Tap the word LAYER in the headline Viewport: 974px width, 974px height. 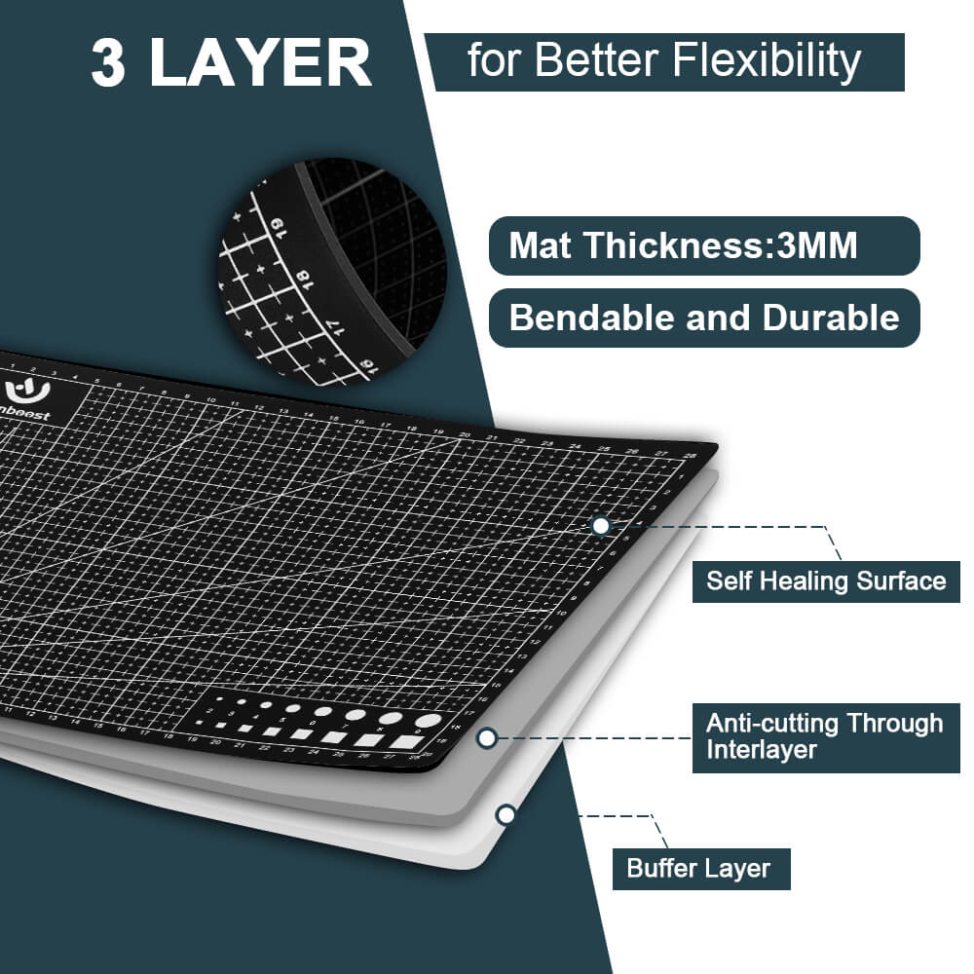pos(261,64)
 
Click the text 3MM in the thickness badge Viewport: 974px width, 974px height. pos(818,245)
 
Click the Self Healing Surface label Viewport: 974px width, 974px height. pos(826,581)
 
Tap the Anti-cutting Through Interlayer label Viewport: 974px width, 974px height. pos(824,736)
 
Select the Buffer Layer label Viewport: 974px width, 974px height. pos(698,868)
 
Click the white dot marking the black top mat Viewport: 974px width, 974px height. pos(601,526)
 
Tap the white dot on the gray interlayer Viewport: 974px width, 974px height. pos(488,738)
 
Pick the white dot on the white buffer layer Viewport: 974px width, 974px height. pos(506,814)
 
